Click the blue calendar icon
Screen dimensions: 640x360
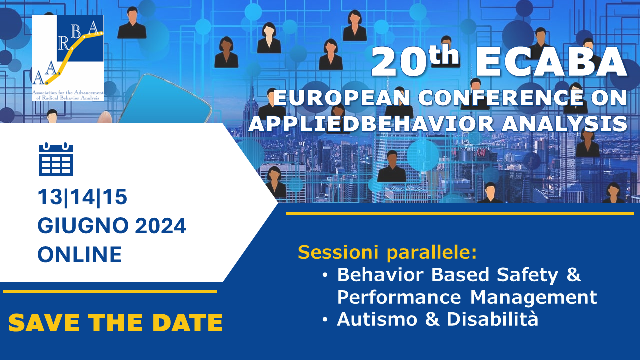click(56, 159)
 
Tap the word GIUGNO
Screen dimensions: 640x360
click(83, 226)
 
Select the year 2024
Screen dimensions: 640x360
click(160, 226)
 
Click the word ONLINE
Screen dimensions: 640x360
click(80, 254)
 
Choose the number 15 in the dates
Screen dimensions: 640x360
click(115, 197)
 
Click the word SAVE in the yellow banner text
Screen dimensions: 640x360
click(43, 323)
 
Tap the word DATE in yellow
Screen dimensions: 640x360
click(187, 323)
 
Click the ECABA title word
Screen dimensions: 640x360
click(551, 63)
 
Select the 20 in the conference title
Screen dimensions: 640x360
click(399, 63)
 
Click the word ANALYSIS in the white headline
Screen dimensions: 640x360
click(564, 124)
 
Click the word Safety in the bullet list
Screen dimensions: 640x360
click(527, 275)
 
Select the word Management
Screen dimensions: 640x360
click(533, 298)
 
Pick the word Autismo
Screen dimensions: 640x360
click(377, 319)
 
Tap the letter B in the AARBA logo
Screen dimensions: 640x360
click(76, 31)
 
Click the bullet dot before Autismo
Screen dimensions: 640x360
click(325, 320)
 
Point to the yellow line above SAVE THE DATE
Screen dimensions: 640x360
click(110, 291)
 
